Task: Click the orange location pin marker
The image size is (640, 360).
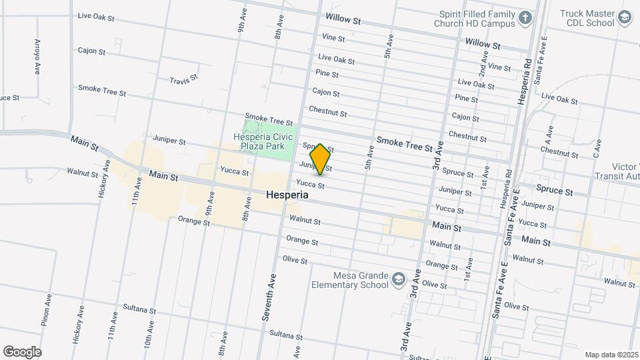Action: (320, 159)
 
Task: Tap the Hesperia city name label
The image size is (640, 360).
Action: (287, 195)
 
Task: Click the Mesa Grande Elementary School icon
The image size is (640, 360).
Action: (399, 279)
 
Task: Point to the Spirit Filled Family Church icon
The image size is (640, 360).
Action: (525, 17)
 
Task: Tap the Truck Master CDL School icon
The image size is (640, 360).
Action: (625, 17)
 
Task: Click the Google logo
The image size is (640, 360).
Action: (22, 351)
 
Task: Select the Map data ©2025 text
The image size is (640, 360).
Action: (611, 355)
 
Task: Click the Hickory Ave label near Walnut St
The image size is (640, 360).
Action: (103, 179)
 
